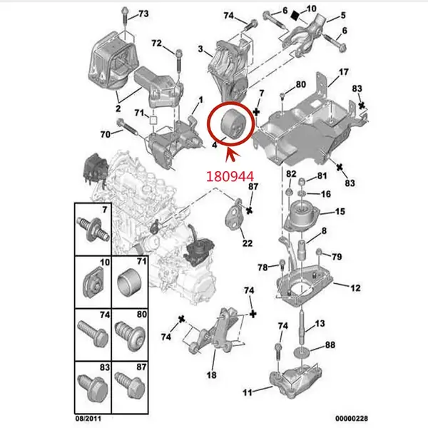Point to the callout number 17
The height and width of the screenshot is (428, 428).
coord(343,72)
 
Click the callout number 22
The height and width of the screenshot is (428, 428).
coord(247,244)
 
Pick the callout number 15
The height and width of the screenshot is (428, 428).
coord(340,212)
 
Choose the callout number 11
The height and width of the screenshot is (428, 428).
coord(247,392)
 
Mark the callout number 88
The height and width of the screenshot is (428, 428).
coord(330,345)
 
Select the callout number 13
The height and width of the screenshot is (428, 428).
coord(320,324)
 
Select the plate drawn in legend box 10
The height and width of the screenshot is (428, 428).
coord(96,281)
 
